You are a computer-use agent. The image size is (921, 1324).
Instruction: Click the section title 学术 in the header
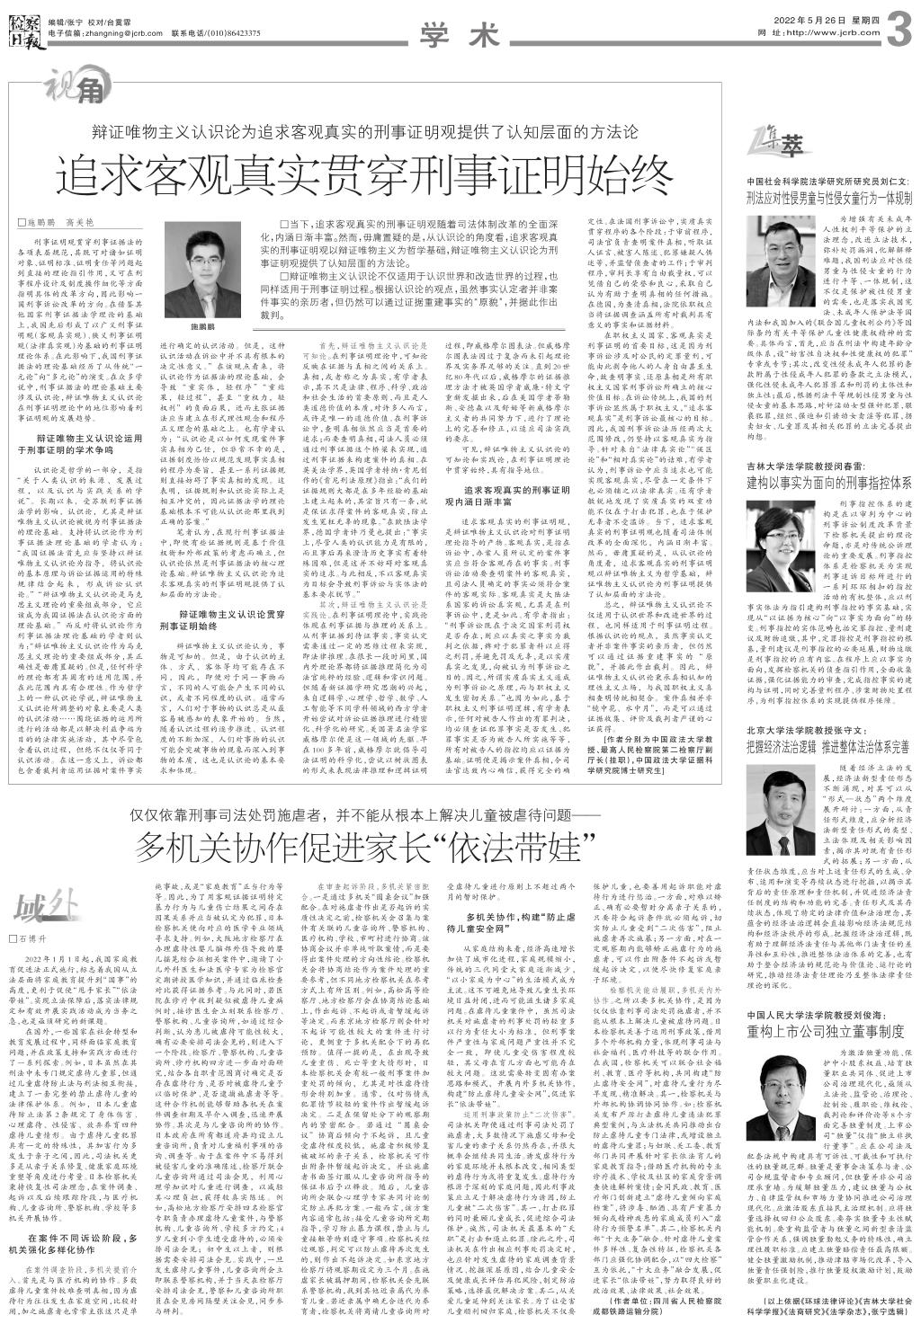click(459, 35)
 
